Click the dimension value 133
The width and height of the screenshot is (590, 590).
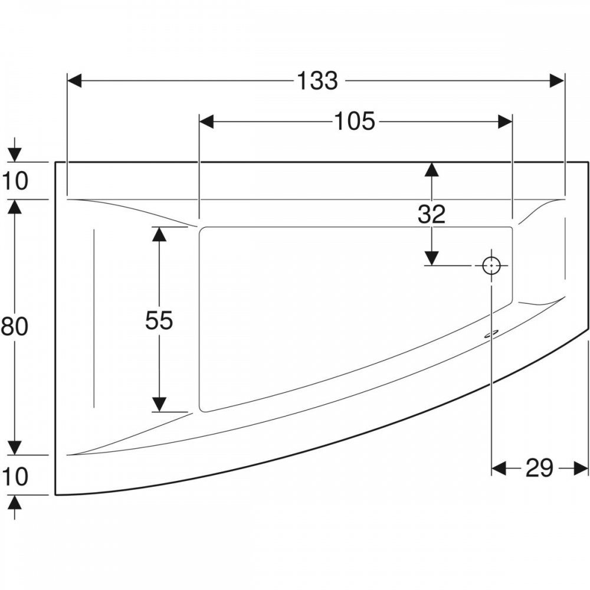pos(317,80)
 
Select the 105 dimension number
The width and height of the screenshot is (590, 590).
pos(355,121)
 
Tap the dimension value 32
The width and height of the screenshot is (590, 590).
pos(431,215)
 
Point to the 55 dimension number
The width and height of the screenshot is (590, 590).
pos(159,320)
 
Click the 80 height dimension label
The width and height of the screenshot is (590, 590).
pos(14,326)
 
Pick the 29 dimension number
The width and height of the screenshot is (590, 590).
pos(539,468)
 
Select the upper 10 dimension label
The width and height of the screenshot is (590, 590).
pos(15,181)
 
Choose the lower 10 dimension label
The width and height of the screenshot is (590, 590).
pos(15,476)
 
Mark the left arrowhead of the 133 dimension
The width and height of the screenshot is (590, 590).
pos(74,80)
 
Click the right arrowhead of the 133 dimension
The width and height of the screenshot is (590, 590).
pos(557,80)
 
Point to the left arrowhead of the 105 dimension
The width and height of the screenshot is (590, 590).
pos(206,122)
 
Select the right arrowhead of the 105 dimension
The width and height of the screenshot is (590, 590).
pos(505,122)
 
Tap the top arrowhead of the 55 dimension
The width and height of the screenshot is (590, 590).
pos(159,234)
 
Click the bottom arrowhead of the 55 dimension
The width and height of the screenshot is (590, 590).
pos(159,405)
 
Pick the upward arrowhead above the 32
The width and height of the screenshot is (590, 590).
pos(432,169)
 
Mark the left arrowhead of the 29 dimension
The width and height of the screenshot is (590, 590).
pos(499,468)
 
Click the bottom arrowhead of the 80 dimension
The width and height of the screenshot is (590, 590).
pos(15,448)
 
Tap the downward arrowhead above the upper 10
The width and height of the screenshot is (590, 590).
pos(15,155)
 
